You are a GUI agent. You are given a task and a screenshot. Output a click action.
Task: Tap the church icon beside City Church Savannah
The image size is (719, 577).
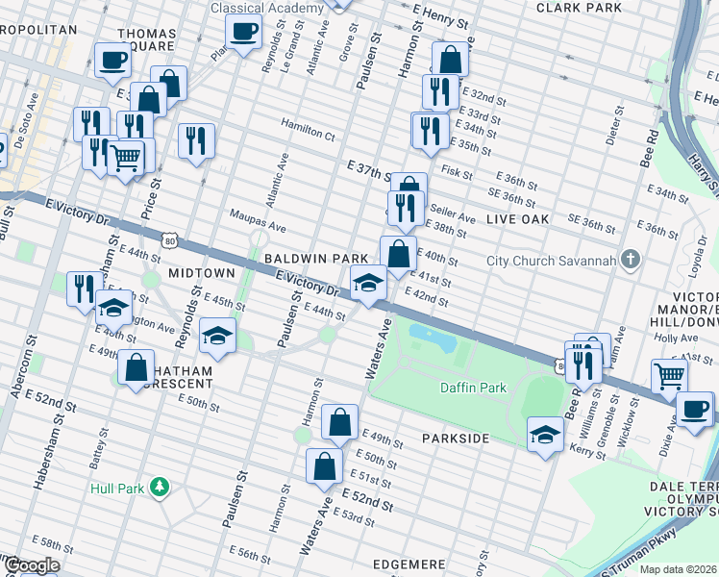click(x=630, y=260)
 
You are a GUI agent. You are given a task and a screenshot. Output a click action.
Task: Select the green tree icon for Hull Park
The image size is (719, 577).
click(x=161, y=489)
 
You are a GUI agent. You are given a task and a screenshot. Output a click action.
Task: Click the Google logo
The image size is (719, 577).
click(x=32, y=565)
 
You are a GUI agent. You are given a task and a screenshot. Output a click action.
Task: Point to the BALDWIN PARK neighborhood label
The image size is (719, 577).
click(x=316, y=259)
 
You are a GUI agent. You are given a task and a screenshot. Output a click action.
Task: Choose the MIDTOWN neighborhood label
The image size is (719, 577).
click(x=202, y=273)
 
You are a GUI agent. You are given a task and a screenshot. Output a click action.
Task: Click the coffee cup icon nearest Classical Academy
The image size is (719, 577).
click(x=244, y=31)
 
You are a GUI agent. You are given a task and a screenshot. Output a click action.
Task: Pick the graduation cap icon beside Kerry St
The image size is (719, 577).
click(x=546, y=433)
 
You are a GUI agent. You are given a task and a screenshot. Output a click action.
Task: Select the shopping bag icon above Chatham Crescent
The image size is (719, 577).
click(x=136, y=366)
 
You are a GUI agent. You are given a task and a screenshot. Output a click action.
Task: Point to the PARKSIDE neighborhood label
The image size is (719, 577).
click(x=456, y=439)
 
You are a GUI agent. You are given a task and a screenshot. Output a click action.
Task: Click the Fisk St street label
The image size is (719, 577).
click(x=457, y=170)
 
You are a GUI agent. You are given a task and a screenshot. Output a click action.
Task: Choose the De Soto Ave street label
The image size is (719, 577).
click(x=33, y=114)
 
